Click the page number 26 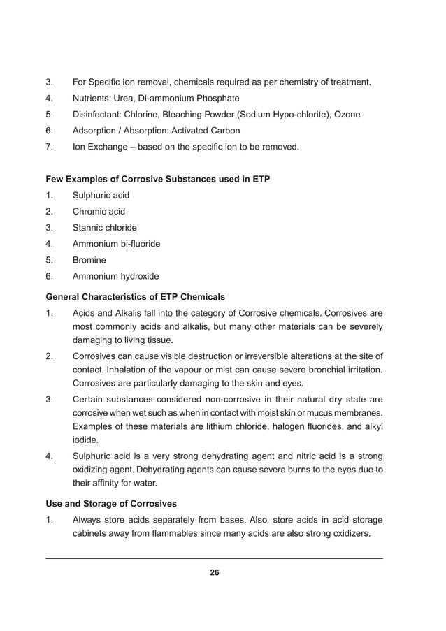tap(215, 573)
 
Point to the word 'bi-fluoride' tap(138, 244)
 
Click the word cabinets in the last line tap(93, 534)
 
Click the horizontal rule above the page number tap(214, 558)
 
